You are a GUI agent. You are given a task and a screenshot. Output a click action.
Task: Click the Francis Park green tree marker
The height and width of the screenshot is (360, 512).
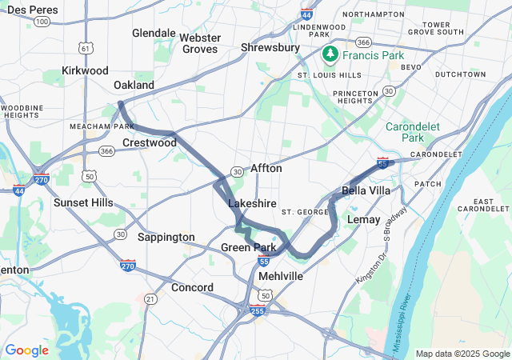330,54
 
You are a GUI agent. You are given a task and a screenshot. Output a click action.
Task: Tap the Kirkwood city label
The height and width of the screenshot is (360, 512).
85,70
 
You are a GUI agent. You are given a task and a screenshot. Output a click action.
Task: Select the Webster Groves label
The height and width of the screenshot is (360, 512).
198,43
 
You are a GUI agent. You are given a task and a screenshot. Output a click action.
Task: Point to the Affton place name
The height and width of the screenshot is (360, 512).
266,169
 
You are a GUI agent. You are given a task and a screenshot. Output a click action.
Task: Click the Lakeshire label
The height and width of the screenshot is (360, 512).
252,203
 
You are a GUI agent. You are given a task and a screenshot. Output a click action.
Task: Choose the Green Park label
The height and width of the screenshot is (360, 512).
248,247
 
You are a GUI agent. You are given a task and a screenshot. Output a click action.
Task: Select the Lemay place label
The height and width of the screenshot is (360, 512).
364,219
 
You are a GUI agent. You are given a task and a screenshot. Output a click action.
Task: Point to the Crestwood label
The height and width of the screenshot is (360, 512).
149,142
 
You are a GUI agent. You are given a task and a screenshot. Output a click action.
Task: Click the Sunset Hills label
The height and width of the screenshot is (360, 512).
83,202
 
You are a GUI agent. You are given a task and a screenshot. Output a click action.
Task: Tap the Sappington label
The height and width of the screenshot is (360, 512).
166,237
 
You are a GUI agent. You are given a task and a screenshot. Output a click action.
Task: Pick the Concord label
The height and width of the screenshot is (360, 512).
192,287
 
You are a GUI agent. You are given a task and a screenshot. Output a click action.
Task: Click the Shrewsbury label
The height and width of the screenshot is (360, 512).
270,48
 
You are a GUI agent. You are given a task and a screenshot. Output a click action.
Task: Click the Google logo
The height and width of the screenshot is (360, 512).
27,350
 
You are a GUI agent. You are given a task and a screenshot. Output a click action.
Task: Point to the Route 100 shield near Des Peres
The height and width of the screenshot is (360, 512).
42,21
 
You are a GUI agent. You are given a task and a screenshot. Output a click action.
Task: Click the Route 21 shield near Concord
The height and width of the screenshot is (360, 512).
150,298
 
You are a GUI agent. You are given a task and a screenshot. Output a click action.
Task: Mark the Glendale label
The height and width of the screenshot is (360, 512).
154,33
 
